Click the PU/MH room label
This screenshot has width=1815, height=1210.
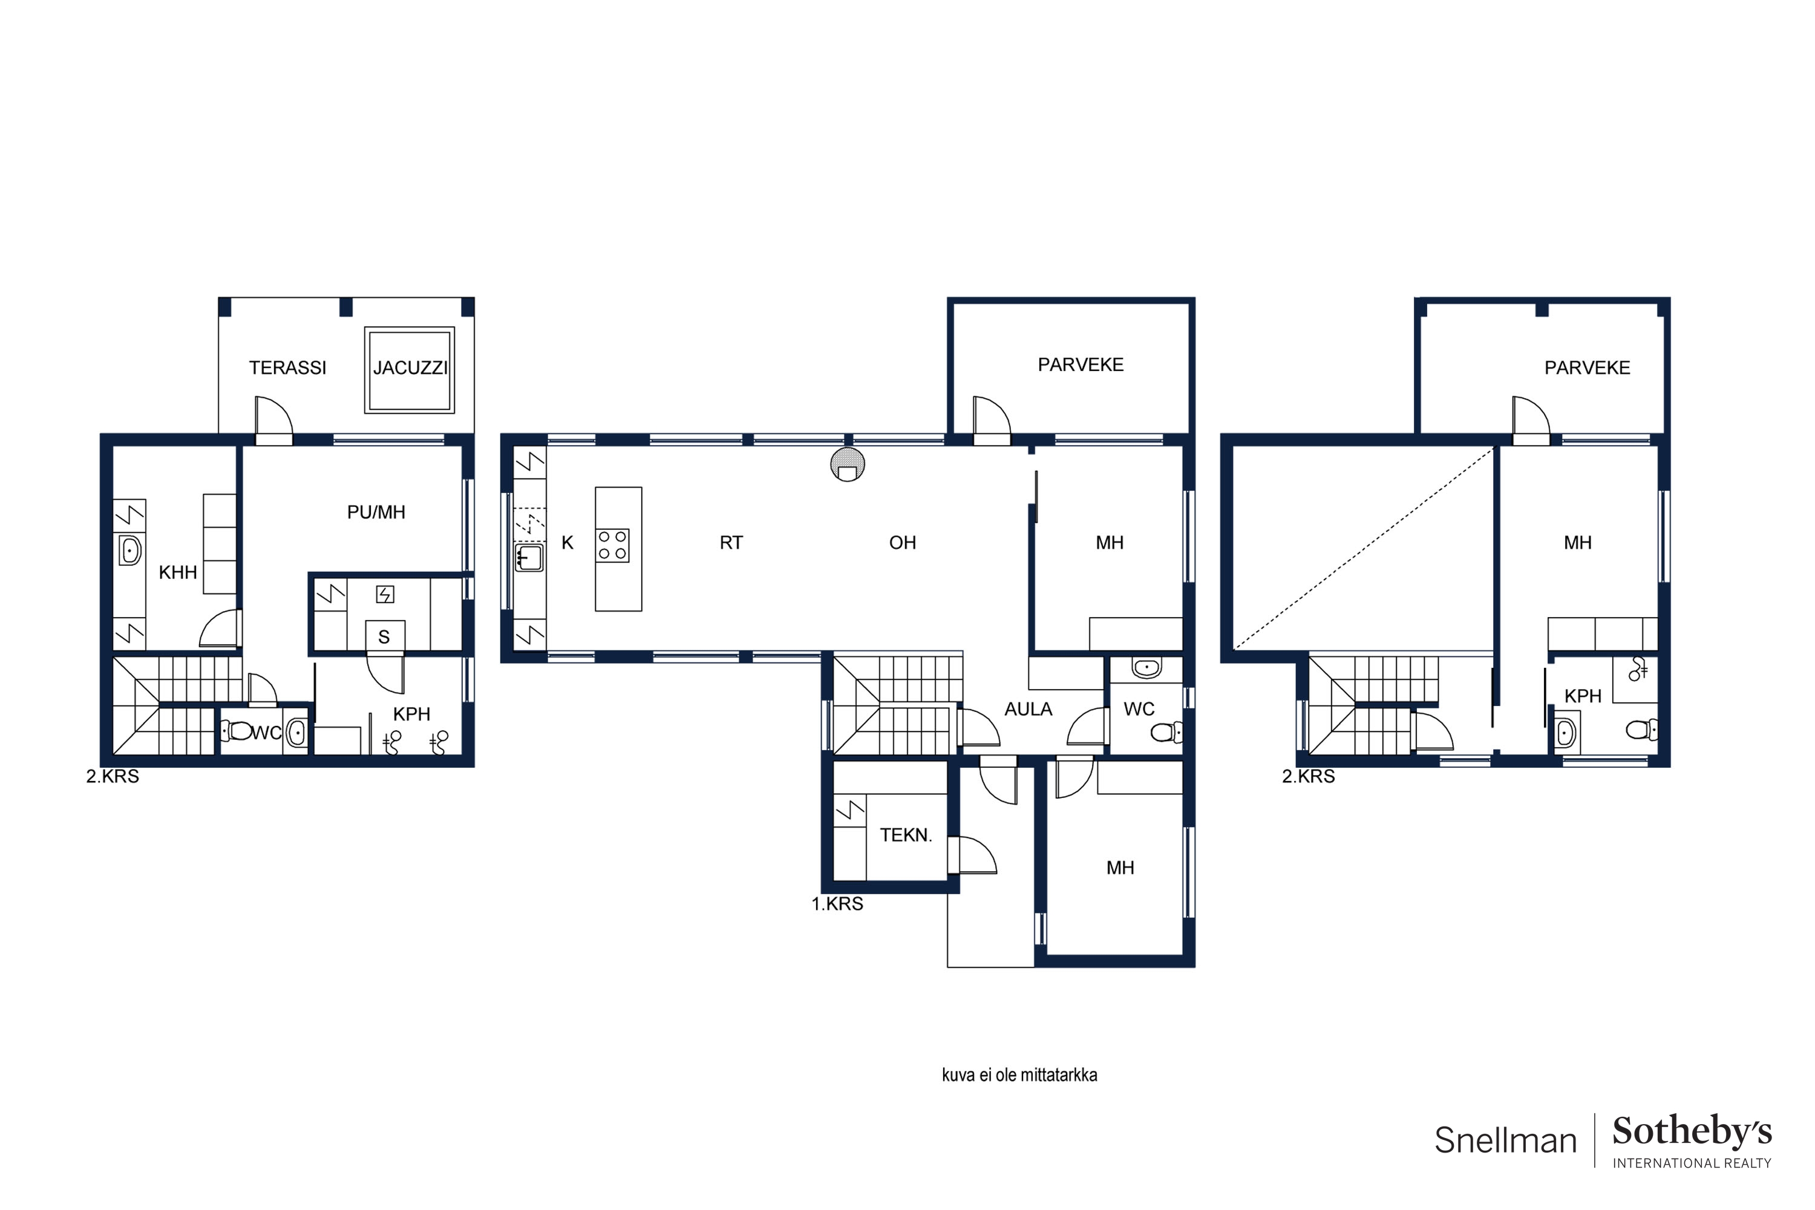(376, 512)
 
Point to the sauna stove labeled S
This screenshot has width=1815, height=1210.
(384, 636)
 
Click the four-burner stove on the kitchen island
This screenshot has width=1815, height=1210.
(613, 545)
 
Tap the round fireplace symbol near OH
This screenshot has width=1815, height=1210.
(848, 465)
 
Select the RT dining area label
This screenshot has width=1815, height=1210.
(731, 543)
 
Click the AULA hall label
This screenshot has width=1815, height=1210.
(1028, 709)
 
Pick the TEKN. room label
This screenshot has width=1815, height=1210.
(906, 835)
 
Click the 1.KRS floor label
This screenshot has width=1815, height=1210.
(837, 904)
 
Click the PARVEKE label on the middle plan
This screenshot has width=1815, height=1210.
(1081, 365)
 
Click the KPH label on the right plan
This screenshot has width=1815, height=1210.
(1583, 696)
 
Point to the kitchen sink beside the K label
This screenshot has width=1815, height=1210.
(529, 558)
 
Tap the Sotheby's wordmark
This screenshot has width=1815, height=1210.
(1692, 1131)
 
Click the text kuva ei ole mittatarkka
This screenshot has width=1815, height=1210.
(1019, 1075)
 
